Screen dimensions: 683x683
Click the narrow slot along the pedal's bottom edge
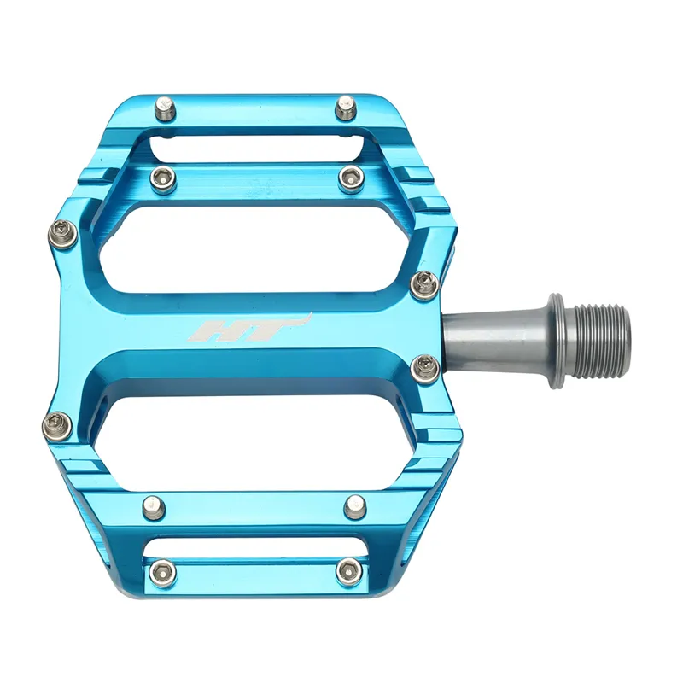click(x=256, y=546)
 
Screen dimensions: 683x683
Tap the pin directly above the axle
click(x=424, y=284)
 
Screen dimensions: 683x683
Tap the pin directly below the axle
click(x=424, y=368)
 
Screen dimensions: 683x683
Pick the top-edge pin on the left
click(x=166, y=109)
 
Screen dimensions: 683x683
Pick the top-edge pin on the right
click(x=345, y=108)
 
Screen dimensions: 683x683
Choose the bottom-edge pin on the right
click(x=346, y=570)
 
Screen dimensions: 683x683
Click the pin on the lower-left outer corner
click(x=56, y=423)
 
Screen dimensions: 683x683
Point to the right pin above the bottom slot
click(x=354, y=507)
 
